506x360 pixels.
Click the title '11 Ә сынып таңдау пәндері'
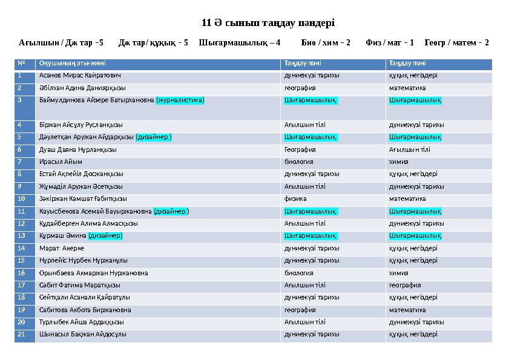coord(268,23)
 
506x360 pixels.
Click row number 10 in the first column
coord(22,198)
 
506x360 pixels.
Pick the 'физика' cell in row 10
coord(295,198)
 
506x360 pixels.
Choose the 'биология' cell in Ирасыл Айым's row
coord(298,162)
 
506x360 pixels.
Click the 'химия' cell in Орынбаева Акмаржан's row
coord(398,273)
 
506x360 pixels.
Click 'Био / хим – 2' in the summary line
coord(325,43)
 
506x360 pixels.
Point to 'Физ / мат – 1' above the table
coord(390,43)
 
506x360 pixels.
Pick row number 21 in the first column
coord(22,334)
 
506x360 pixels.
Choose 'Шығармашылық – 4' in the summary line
coord(240,43)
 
